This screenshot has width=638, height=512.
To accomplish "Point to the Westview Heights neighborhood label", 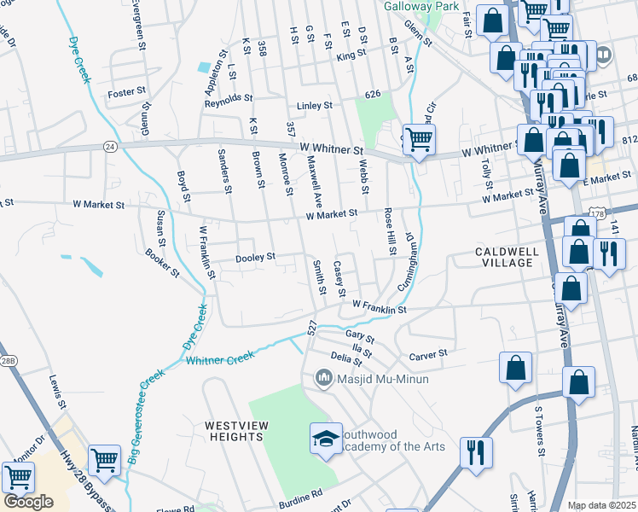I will click(x=234, y=431).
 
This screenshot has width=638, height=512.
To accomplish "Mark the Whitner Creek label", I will click(x=220, y=360).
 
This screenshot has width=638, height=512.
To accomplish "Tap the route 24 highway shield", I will click(x=110, y=146).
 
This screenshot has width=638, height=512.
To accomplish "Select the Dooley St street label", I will click(x=255, y=257).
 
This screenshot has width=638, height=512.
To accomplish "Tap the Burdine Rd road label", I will click(x=304, y=493).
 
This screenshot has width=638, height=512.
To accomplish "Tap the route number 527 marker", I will click(x=312, y=327).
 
